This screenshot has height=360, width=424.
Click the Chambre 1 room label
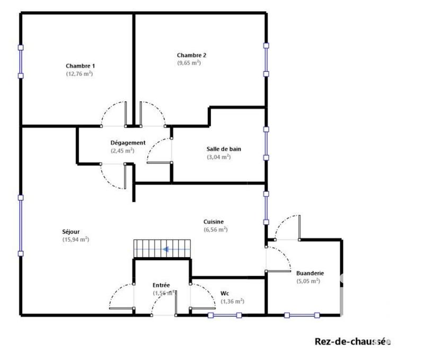80,66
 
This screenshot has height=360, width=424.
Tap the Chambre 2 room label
191,55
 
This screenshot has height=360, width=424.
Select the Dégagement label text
128,143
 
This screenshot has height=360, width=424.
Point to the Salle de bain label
224,149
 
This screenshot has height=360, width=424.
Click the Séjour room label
71,231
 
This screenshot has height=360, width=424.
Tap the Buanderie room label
310,273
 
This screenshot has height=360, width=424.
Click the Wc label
224,293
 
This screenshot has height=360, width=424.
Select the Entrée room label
161,285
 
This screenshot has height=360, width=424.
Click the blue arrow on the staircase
170,248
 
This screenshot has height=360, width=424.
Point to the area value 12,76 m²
79,74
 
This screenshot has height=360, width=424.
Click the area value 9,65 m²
189,63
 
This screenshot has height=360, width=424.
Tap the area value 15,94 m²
75,240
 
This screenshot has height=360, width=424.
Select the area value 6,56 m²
216,230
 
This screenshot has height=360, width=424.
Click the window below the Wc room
225,315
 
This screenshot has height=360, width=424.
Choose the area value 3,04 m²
218,157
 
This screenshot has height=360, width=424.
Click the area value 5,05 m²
308,282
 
